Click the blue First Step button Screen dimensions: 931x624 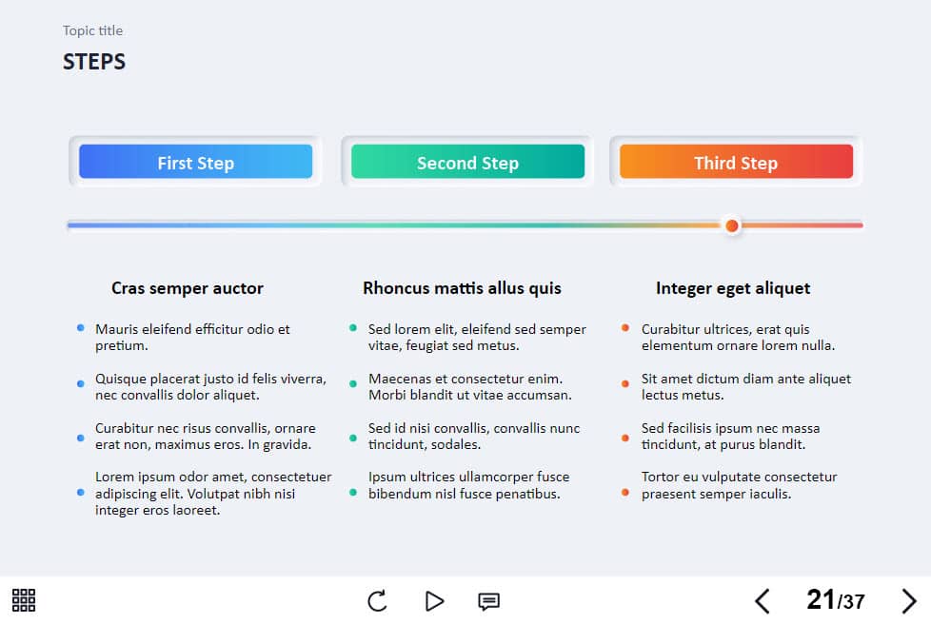tap(195, 162)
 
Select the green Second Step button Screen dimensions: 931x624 tap(467, 162)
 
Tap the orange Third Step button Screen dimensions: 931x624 tap(736, 162)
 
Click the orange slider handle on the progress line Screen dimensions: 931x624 tap(732, 225)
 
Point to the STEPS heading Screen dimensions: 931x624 tap(94, 62)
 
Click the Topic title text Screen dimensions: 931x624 tap(93, 30)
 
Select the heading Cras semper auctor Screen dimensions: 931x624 tap(187, 288)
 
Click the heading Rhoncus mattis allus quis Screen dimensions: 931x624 tap(462, 288)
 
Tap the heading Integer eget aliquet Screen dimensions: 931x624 tap(733, 289)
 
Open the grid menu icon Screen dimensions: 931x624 tap(24, 600)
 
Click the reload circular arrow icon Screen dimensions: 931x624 tap(377, 601)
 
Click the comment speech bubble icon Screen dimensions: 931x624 tap(488, 601)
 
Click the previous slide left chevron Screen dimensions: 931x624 tap(763, 601)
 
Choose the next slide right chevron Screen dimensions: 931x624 tap(909, 601)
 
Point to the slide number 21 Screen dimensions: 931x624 tap(821, 599)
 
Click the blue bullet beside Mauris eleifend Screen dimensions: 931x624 tap(81, 328)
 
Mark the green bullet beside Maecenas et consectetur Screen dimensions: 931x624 tap(353, 383)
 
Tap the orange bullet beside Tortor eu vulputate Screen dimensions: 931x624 tap(625, 493)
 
